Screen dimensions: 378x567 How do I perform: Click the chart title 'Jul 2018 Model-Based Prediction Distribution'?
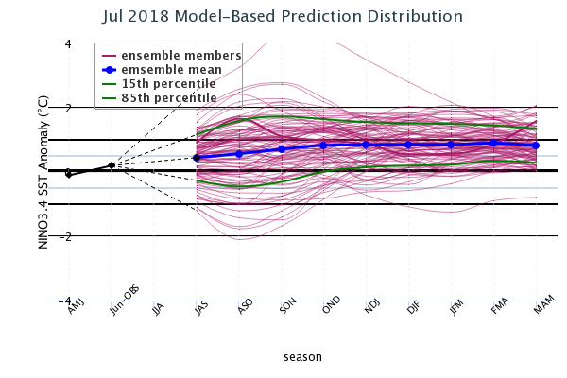click(x=283, y=17)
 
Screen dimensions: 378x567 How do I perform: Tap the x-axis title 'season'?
click(x=302, y=356)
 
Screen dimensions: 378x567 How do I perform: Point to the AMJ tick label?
click(x=75, y=309)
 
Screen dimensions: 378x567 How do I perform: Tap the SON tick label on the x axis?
click(x=287, y=309)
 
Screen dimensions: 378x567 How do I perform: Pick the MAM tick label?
click(x=541, y=309)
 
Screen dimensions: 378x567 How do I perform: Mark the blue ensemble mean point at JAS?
click(x=197, y=158)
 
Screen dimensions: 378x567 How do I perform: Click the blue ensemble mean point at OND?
click(x=323, y=146)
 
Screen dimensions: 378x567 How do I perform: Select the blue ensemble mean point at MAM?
click(x=536, y=146)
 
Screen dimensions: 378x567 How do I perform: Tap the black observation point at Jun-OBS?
click(x=112, y=165)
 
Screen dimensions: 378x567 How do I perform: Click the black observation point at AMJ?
click(x=69, y=174)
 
